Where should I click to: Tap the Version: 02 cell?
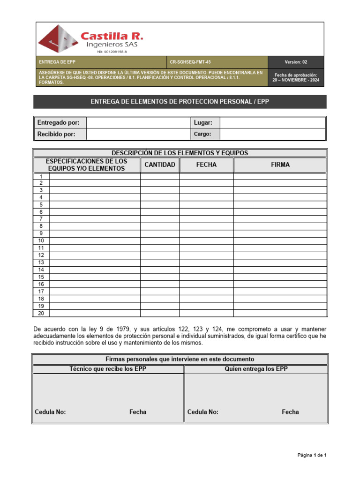[295, 62]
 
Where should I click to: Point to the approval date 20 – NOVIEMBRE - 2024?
[295, 80]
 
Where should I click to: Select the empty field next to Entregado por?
[137, 122]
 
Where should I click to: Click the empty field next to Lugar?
[272, 122]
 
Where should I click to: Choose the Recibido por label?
[55, 134]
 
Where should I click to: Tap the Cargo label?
[202, 134]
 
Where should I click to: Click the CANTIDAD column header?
[160, 165]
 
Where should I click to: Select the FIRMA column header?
[280, 165]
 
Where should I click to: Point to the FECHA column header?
[206, 165]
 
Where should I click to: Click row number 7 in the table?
[41, 219]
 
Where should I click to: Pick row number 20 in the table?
[41, 313]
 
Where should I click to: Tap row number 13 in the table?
[41, 262]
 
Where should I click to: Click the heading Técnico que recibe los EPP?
[107, 369]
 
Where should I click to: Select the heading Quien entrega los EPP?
[256, 369]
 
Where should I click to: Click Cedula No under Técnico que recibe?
[50, 412]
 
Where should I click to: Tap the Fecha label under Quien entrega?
[290, 412]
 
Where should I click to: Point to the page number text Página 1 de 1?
[312, 455]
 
